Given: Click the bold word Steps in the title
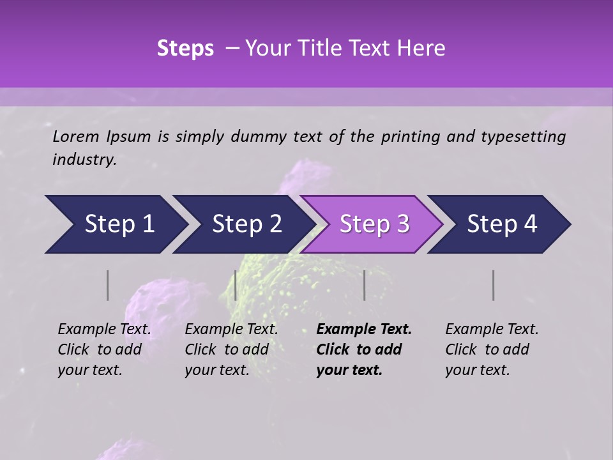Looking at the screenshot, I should tap(185, 49).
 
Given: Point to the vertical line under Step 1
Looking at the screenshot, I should tap(108, 285).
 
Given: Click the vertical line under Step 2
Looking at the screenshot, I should tap(236, 285).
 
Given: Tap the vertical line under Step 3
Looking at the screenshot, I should tap(364, 285).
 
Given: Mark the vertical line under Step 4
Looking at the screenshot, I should tap(494, 285).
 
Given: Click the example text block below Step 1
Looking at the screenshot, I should tap(104, 349).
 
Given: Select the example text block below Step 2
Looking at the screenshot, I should tap(231, 349).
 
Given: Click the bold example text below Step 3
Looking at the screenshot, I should tap(364, 349).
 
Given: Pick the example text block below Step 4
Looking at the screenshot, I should tap(492, 349).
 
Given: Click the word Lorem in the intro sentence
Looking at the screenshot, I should tap(76, 136).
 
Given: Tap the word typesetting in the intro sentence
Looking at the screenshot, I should tap(529, 136).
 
